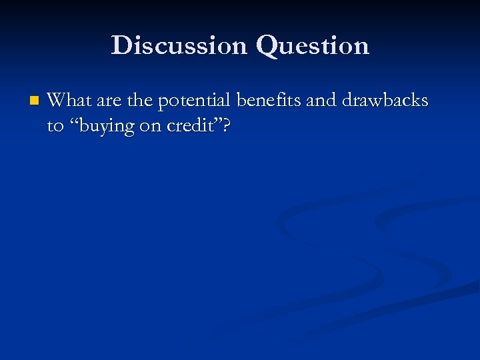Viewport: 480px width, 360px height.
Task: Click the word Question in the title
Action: [313, 45]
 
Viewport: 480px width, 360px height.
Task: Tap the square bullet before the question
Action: [34, 101]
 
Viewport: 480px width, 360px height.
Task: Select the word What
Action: [69, 101]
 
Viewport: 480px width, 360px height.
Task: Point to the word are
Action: [109, 101]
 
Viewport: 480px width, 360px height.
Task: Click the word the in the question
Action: [139, 101]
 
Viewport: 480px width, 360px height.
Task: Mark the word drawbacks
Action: [385, 101]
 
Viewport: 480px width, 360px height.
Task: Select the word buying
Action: [105, 127]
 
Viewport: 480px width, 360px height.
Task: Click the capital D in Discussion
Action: [121, 45]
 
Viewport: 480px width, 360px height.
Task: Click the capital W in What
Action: [58, 101]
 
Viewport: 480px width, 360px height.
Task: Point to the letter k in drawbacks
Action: [408, 101]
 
